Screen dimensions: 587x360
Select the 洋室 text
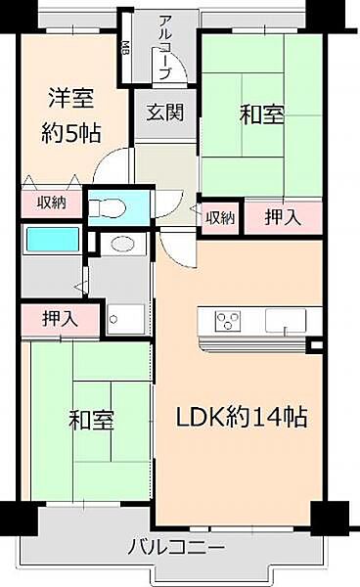73,99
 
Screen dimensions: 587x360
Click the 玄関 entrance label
164,112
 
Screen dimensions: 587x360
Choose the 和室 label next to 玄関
261,114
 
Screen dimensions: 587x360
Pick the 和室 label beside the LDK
91,421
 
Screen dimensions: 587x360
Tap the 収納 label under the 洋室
52,203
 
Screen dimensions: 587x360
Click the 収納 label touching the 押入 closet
220,217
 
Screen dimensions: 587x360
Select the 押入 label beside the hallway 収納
282,217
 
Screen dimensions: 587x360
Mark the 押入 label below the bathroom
60,318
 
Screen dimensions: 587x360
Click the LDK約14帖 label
242,418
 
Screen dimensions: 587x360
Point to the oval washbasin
122,245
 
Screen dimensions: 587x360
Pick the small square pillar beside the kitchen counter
315,345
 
